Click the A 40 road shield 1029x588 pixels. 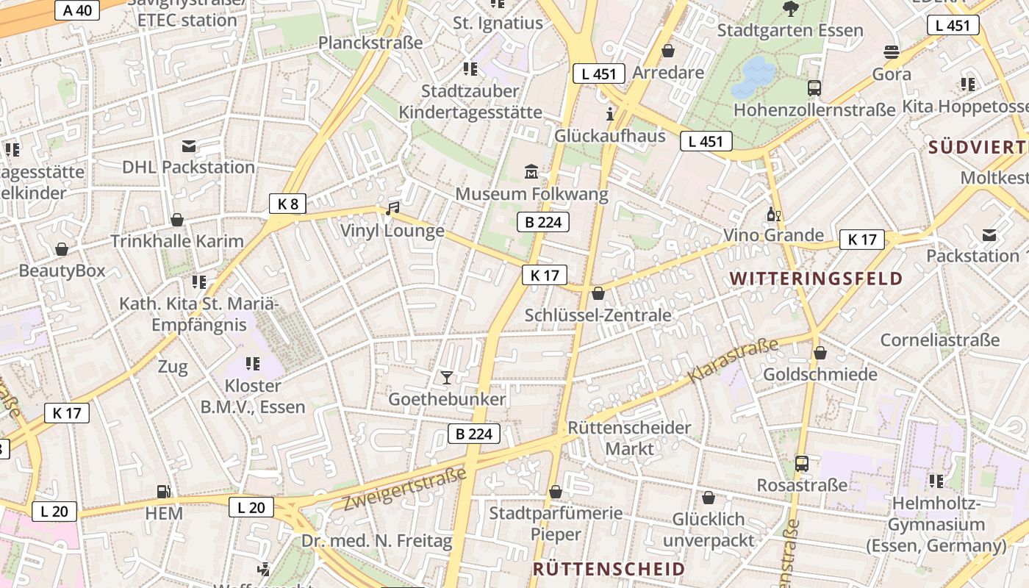pyautogui.click(x=78, y=10)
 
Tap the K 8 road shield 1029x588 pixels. pyautogui.click(x=287, y=204)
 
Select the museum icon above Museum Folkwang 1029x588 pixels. pyautogui.click(x=531, y=173)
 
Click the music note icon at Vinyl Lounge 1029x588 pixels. pyautogui.click(x=392, y=209)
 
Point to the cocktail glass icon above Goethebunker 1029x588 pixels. pyautogui.click(x=446, y=378)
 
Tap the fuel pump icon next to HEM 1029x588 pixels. pyautogui.click(x=163, y=492)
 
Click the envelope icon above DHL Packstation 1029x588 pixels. pyautogui.click(x=189, y=146)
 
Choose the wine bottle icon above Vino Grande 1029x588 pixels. pyautogui.click(x=773, y=214)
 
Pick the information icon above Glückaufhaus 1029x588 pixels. pyautogui.click(x=609, y=114)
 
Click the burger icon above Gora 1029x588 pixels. pyautogui.click(x=892, y=52)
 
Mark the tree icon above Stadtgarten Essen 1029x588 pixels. pyautogui.click(x=791, y=9)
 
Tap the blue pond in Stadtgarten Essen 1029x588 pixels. pyautogui.click(x=753, y=78)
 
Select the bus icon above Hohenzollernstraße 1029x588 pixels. pyautogui.click(x=814, y=88)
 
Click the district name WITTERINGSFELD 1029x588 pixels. pyautogui.click(x=816, y=279)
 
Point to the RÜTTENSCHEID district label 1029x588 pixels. pyautogui.click(x=609, y=569)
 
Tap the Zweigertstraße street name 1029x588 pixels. pyautogui.click(x=405, y=489)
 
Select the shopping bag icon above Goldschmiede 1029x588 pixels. pyautogui.click(x=820, y=353)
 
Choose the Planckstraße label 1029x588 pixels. pyautogui.click(x=370, y=43)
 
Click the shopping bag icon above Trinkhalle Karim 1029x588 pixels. pyautogui.click(x=177, y=220)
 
